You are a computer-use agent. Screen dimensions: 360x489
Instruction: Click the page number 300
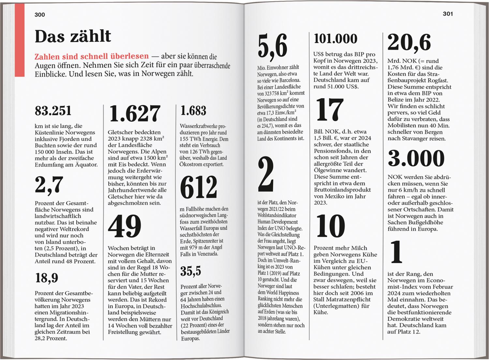coord(40,15)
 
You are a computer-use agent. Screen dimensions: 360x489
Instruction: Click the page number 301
coord(448,14)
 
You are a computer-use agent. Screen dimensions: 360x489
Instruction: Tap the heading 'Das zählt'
coord(73,36)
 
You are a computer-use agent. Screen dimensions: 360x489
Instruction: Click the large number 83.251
coord(53,111)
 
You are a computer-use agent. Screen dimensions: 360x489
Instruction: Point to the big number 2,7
coord(49,185)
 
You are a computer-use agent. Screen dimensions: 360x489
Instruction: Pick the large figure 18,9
coord(47,278)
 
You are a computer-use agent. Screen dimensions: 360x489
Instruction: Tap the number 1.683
coord(193,111)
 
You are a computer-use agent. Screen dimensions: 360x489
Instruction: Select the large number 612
coord(198,187)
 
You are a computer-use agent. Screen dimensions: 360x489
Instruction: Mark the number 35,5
coord(191,271)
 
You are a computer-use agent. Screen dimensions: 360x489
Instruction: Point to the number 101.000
coord(335,39)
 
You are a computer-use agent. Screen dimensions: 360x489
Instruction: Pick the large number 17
coord(330,110)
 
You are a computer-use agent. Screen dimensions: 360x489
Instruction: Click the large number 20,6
coord(409,43)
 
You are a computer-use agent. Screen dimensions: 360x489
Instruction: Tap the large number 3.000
coord(416,158)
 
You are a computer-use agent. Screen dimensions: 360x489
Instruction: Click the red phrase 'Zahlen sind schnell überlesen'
coord(92,56)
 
